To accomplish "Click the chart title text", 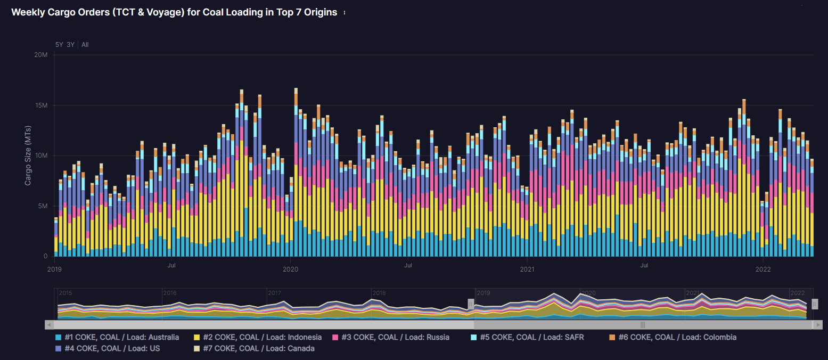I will coord(174,13).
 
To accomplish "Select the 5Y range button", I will coord(60,45).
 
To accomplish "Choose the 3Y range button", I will coord(71,45).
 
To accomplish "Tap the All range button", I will coord(85,45).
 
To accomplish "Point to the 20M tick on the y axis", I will coord(41,55).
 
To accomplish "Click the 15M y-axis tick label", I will coord(41,105).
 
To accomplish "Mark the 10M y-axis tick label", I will coord(41,156).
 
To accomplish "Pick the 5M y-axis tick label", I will coord(43,206).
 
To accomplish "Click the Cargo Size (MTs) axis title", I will coord(28,156).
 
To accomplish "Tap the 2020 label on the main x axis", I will coord(290,269).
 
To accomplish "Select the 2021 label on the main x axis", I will coord(527,269).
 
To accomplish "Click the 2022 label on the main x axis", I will coord(763,269).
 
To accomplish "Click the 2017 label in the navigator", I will coord(275,293).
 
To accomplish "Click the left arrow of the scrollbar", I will coord(49,324).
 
